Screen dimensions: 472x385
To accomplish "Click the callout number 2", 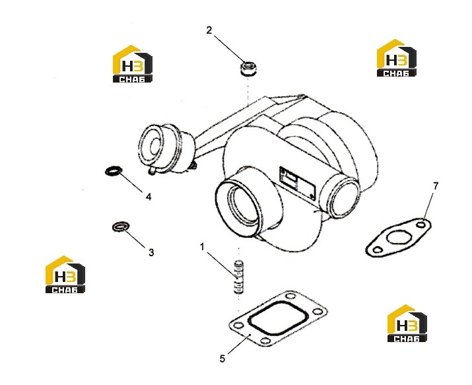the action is coord(209,30).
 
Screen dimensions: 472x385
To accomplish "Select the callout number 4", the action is coord(149,197).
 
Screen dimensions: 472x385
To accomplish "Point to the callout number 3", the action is coord(151,252).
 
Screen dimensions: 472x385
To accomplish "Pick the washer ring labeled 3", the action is coord(120,227).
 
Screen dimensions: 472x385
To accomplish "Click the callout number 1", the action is coord(202,247).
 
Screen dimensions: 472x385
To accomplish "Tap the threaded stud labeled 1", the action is coord(238,277).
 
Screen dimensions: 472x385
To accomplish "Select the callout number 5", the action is coord(222,359).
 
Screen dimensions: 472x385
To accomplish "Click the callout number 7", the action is coord(436,186).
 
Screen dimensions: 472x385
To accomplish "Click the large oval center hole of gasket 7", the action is coord(399,237).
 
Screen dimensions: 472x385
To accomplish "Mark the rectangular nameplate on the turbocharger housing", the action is coord(298,184).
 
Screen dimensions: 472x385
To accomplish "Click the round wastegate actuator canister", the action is coord(162,149).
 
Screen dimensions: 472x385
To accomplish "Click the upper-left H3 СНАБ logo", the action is coord(133,64).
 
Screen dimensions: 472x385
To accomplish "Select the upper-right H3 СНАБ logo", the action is coord(397,58).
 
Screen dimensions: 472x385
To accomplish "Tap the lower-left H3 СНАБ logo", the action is coord(65,275).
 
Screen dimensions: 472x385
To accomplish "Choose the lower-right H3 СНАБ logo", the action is coord(407,324).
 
